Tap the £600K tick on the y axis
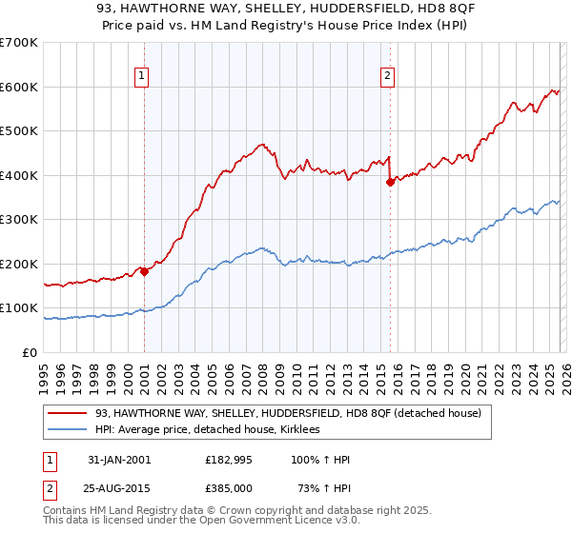(18, 87)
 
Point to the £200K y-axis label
(18, 264)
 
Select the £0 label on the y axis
(30, 352)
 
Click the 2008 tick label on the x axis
(262, 375)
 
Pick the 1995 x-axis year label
(44, 375)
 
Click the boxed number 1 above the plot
(141, 77)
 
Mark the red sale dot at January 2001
(145, 271)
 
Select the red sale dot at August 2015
(390, 182)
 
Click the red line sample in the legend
(69, 413)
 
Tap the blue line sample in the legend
(69, 430)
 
